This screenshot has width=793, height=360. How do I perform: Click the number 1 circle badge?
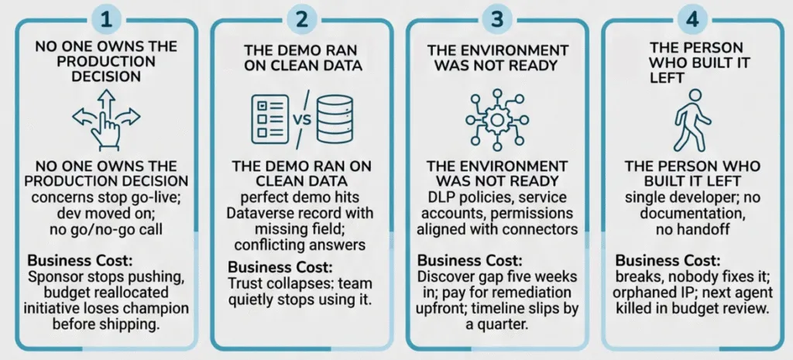point(107,19)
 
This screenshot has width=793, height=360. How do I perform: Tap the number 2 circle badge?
point(302,19)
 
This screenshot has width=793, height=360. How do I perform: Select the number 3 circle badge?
point(498,19)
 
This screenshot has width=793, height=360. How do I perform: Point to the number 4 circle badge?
point(692,19)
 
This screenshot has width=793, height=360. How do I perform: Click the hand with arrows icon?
point(106,119)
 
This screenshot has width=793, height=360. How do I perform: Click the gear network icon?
point(497,119)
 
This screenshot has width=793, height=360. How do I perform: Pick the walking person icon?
point(692,120)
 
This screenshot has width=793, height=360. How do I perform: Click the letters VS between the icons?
point(303,120)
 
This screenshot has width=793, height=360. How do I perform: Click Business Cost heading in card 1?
point(80,261)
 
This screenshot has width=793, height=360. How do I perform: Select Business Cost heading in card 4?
point(668,261)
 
